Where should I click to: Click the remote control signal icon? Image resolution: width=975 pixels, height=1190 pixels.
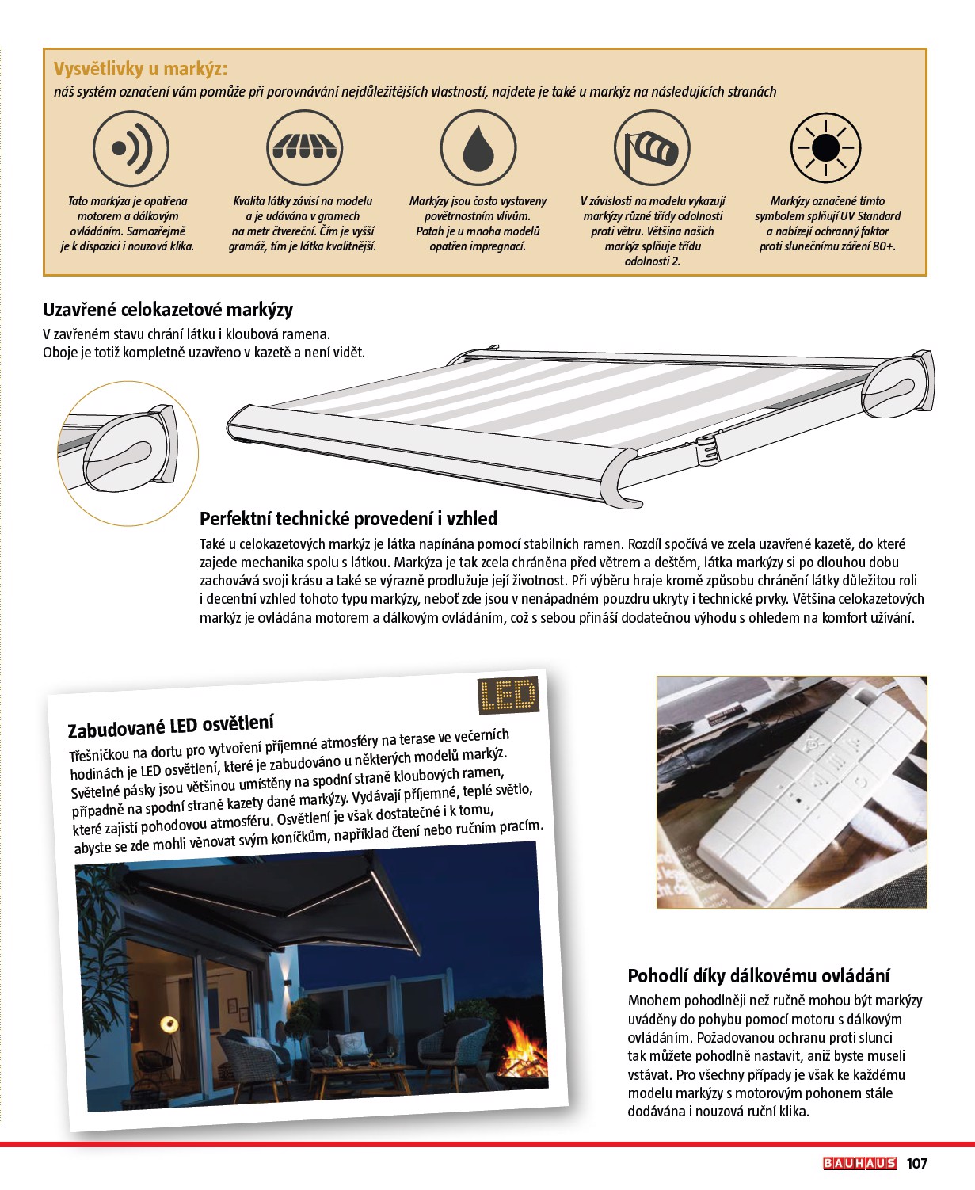pos(131,148)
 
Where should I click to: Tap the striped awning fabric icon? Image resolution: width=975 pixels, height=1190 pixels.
pos(305,148)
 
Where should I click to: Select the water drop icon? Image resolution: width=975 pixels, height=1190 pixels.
pos(478,148)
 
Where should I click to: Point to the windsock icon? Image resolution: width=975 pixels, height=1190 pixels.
pos(652,148)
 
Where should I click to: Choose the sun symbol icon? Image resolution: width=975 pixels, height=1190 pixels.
pos(825,148)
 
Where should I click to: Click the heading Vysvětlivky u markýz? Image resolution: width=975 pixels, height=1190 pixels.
pos(140,69)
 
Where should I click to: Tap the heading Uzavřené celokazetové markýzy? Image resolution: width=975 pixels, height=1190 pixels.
pos(168,310)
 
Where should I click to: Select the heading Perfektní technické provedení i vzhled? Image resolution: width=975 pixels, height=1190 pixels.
pos(348,519)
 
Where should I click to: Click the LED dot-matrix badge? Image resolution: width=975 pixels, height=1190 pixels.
pos(508,696)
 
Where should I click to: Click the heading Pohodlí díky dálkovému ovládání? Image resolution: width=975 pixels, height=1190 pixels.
pos(758,975)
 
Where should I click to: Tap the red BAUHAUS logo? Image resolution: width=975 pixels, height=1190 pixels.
pos(859,1163)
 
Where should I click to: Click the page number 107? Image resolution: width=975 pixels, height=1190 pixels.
pos(916,1163)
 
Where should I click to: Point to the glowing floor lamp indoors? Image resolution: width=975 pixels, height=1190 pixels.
pos(169,1024)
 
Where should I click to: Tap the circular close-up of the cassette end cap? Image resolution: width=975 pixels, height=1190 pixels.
pos(128,453)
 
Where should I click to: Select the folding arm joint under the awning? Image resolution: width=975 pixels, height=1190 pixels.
pos(706,448)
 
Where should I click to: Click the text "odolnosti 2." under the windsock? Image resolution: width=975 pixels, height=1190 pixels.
pos(652,261)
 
